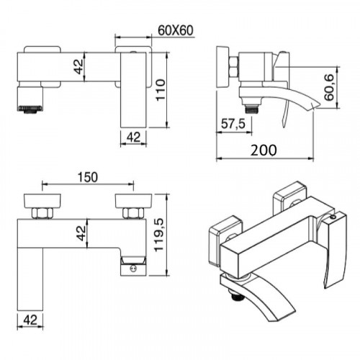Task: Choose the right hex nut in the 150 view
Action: tap(132, 212)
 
